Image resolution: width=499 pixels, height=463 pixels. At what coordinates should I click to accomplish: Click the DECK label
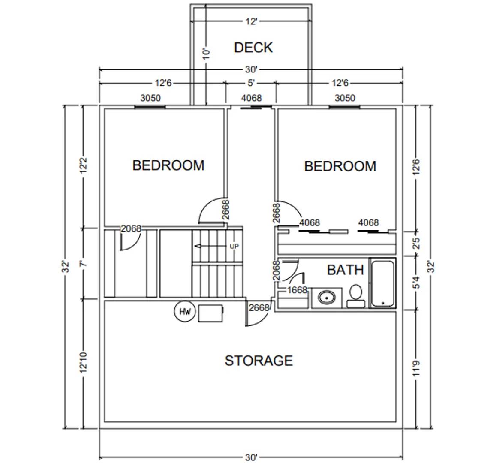[x=253, y=48]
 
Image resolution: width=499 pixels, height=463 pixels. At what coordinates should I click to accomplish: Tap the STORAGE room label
[x=259, y=361]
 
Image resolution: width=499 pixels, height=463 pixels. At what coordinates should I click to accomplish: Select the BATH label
[x=345, y=270]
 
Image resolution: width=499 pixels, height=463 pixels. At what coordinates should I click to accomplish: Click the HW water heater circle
[x=185, y=312]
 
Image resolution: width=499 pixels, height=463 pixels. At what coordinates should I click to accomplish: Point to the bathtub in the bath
[x=383, y=283]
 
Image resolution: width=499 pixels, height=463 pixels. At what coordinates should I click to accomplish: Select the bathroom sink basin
[x=327, y=297]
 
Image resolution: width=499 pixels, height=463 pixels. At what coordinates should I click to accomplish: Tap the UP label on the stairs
[x=234, y=246]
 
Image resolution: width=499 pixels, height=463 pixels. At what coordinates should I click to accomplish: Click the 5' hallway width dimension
[x=251, y=82]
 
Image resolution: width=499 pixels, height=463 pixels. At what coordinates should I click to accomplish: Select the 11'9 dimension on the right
[x=415, y=369]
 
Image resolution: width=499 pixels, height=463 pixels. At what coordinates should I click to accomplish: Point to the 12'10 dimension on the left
[x=83, y=363]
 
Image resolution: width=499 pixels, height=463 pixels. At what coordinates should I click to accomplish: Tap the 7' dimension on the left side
[x=84, y=263]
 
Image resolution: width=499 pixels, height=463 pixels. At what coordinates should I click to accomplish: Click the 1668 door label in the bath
[x=297, y=290]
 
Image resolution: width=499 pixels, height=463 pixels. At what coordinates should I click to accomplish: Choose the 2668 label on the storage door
[x=259, y=307]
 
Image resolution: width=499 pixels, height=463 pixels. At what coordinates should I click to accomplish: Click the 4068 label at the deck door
[x=251, y=98]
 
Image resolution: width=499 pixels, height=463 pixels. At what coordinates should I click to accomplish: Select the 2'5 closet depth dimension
[x=415, y=243]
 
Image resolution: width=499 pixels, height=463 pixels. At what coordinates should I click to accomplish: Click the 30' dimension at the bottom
[x=251, y=457]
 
